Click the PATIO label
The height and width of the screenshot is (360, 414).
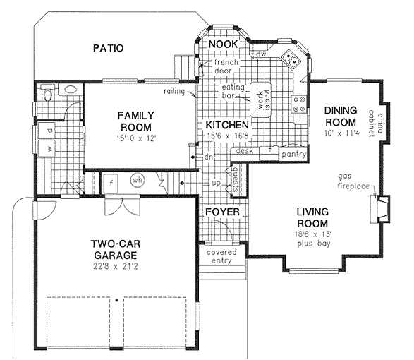tap(108, 48)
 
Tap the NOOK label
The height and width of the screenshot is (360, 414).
tap(224, 44)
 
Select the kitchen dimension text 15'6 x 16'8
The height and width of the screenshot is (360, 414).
tap(228, 136)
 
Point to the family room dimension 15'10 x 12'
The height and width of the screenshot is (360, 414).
tap(137, 138)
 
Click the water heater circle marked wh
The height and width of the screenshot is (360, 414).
tap(138, 181)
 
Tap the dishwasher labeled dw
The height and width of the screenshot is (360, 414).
tap(262, 54)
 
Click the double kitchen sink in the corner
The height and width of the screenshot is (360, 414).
tap(291, 59)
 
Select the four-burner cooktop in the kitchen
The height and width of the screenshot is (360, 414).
tap(299, 104)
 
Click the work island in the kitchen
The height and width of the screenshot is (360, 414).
tap(261, 100)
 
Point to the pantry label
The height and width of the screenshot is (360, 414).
tap(293, 154)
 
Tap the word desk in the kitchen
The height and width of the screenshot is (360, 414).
tap(245, 150)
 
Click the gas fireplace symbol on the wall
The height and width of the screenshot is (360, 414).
tap(379, 209)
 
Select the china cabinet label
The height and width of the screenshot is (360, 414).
tap(376, 123)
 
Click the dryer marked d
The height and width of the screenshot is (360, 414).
tap(47, 131)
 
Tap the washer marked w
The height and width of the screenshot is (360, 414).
tap(47, 148)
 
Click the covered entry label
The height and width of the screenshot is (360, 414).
tap(221, 256)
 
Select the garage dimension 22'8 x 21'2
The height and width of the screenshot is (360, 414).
tap(116, 266)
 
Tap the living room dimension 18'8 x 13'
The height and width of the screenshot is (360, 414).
tap(313, 234)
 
